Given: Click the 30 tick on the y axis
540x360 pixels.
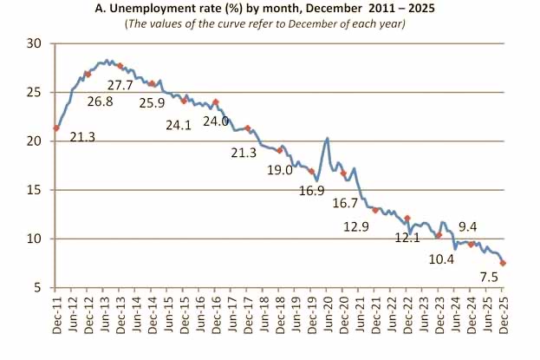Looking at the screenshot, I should (x=34, y=43).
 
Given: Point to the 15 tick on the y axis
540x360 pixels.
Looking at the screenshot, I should (x=34, y=190).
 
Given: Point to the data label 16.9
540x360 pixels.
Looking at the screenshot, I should (x=309, y=189).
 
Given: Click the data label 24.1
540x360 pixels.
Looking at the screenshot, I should (x=179, y=124).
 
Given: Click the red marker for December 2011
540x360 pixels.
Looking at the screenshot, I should (x=56, y=128).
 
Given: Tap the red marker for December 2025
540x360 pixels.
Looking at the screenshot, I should (x=504, y=263).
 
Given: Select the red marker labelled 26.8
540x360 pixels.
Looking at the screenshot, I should (x=88, y=75).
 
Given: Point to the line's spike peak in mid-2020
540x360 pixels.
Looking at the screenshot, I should (x=328, y=139).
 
